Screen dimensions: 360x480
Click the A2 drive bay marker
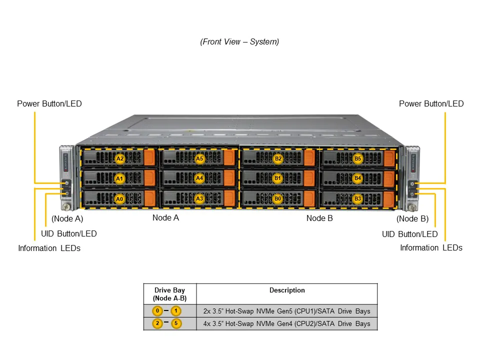click(119, 158)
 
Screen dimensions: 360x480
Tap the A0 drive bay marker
click(119, 198)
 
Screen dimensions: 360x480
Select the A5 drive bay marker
click(199, 158)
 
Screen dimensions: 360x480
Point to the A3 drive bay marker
click(199, 198)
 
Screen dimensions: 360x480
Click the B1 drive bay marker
click(278, 178)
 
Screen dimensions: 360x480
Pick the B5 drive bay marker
click(357, 158)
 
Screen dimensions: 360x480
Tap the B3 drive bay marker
click(357, 198)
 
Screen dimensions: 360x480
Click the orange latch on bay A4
click(229, 178)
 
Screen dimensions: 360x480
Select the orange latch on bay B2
click(309, 158)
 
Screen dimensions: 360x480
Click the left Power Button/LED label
click(49, 104)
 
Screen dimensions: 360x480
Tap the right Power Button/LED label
click(431, 104)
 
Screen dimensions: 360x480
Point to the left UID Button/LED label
click(68, 234)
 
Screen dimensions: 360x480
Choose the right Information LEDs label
click(431, 248)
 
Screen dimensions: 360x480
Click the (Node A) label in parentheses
click(67, 218)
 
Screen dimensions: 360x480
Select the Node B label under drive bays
click(319, 218)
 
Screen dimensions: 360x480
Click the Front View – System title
click(239, 42)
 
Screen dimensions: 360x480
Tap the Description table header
click(287, 290)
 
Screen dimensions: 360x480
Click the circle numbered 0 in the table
click(157, 311)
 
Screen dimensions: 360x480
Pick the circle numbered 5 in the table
click(176, 323)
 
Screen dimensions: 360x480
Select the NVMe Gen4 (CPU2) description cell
click(286, 324)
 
